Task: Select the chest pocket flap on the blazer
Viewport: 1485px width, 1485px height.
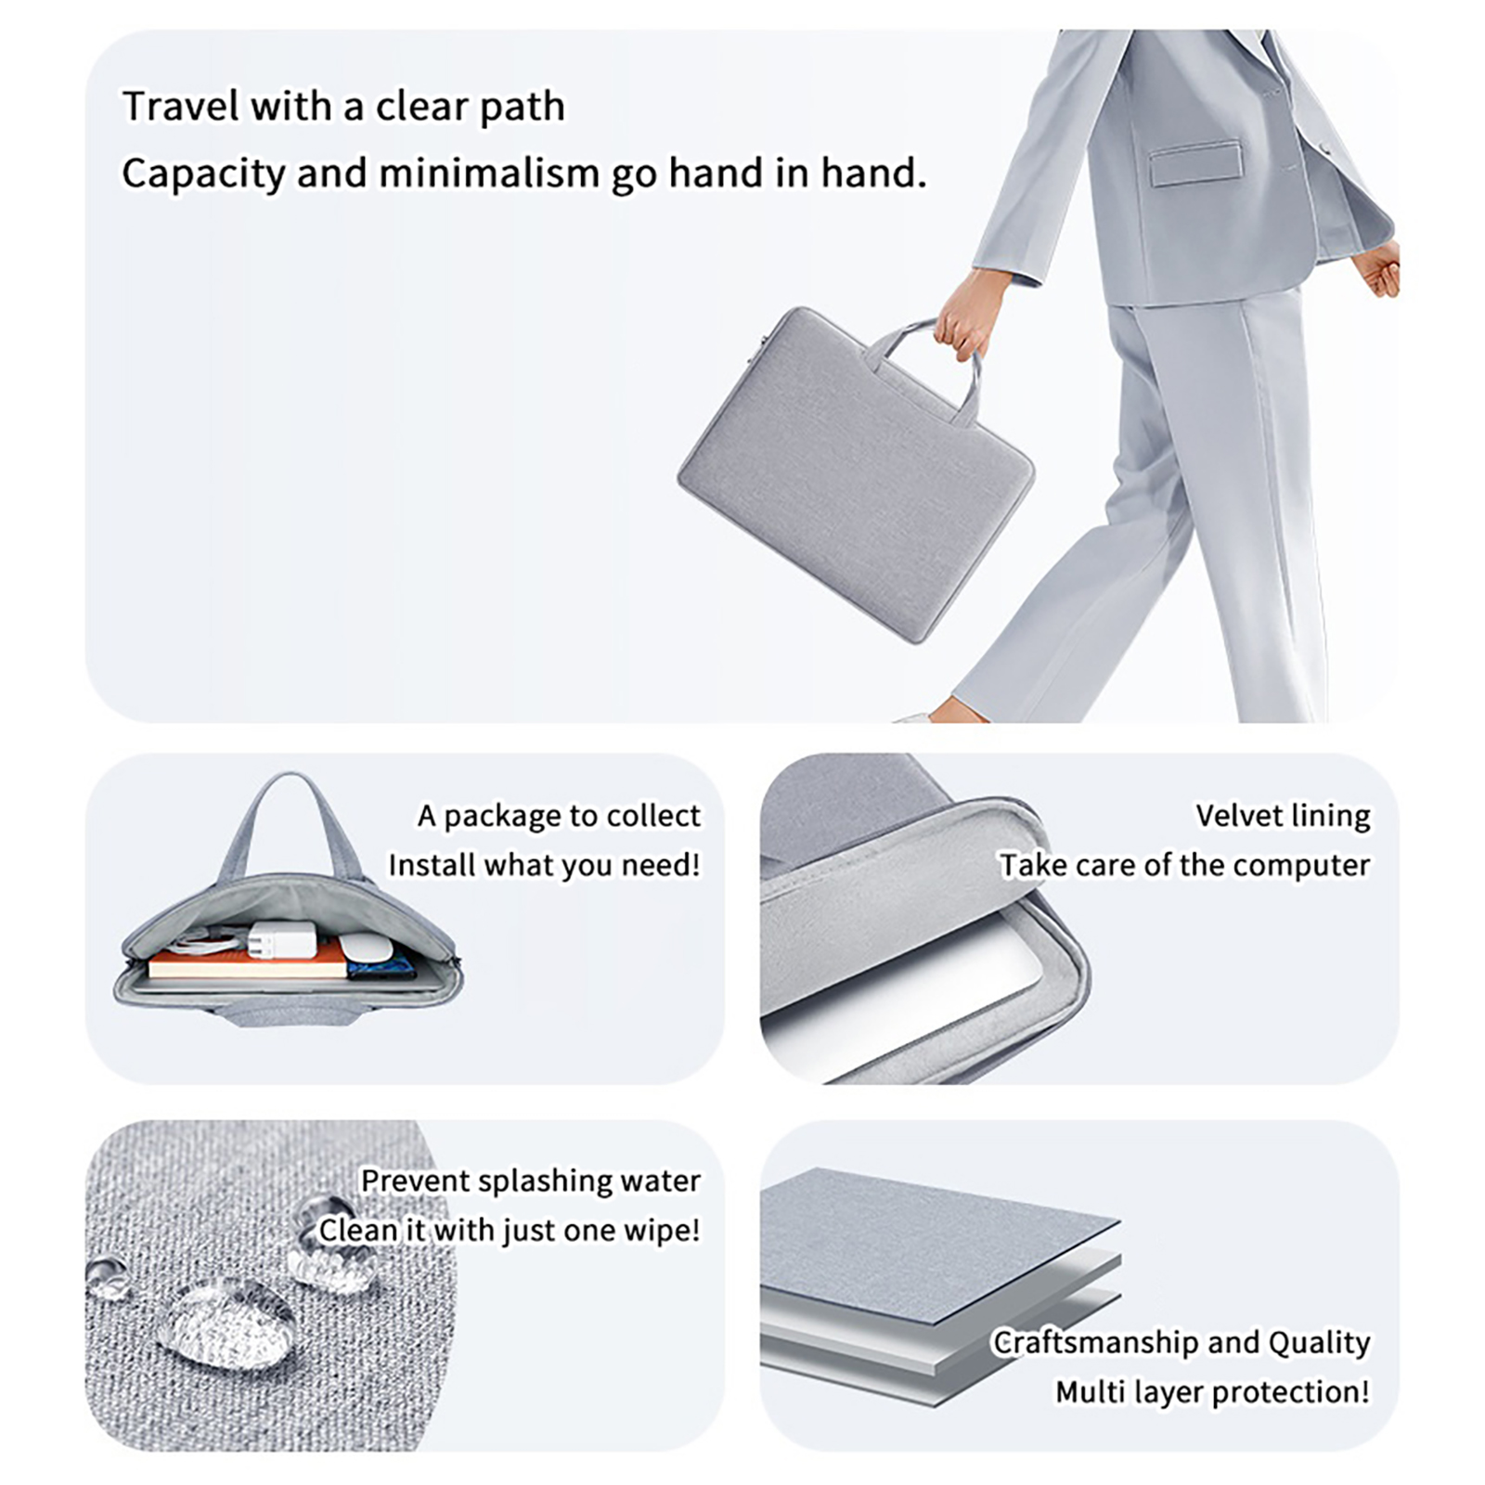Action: point(1195,163)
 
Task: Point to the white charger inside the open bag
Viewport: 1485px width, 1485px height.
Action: point(281,939)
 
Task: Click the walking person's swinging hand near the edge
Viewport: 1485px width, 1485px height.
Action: point(1376,269)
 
